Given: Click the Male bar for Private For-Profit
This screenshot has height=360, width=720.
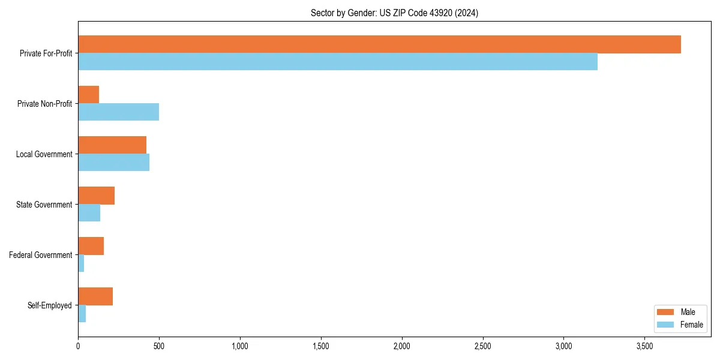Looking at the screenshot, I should click(379, 44).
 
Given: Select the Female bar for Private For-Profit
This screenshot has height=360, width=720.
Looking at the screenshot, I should click(338, 62).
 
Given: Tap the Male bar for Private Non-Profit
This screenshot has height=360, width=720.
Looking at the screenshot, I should click(89, 95).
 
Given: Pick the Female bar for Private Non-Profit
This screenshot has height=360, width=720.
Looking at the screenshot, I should click(118, 112).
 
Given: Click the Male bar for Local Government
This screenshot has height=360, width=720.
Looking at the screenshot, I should click(112, 145).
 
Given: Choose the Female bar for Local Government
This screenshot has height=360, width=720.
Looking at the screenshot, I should click(113, 163).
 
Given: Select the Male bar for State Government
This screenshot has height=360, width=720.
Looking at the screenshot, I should click(96, 196).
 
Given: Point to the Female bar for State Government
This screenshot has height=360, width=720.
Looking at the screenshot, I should click(89, 213).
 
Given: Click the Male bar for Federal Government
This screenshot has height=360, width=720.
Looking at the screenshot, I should click(91, 246).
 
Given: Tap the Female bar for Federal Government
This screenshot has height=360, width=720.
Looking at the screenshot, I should click(81, 263).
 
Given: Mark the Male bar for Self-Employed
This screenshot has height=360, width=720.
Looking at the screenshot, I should click(95, 296).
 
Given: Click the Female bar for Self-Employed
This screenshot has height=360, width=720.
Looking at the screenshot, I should click(82, 314).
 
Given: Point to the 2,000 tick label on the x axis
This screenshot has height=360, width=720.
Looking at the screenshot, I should click(402, 346).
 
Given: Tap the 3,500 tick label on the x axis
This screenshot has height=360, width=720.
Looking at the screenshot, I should click(644, 346).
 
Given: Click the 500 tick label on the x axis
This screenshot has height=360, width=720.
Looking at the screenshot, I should click(159, 346).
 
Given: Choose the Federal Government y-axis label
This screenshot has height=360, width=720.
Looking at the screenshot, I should click(41, 255).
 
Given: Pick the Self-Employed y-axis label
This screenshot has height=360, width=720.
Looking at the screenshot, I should click(50, 305).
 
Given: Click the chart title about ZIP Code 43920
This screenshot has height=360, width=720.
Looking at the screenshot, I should click(394, 13).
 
